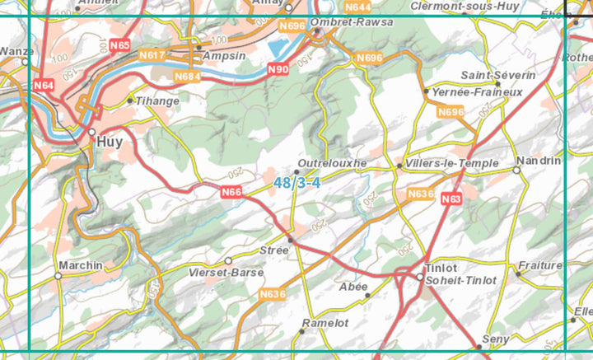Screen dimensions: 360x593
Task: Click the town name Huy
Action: pyautogui.click(x=110, y=142)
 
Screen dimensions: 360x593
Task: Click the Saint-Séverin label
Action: pyautogui.click(x=497, y=75)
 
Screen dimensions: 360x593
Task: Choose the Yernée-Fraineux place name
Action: pyautogui.click(x=478, y=92)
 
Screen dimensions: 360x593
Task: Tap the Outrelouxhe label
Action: pyautogui.click(x=332, y=163)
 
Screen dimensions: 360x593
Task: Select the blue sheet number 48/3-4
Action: pyautogui.click(x=297, y=183)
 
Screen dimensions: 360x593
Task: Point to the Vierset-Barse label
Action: pyautogui.click(x=226, y=272)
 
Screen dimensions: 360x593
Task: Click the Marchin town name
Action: pyautogui.click(x=81, y=265)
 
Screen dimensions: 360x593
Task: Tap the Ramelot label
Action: pyautogui.click(x=325, y=323)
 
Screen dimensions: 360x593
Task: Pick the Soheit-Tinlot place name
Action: pyautogui.click(x=460, y=280)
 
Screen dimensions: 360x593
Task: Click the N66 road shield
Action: pyautogui.click(x=231, y=192)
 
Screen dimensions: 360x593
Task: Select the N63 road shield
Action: pyautogui.click(x=451, y=199)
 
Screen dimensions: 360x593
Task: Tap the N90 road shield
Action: pyautogui.click(x=278, y=70)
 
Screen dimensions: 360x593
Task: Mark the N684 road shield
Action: pyautogui.click(x=188, y=76)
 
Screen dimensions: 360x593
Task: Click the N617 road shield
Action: pyautogui.click(x=152, y=55)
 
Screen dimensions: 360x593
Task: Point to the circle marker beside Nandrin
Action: pyautogui.click(x=516, y=170)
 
